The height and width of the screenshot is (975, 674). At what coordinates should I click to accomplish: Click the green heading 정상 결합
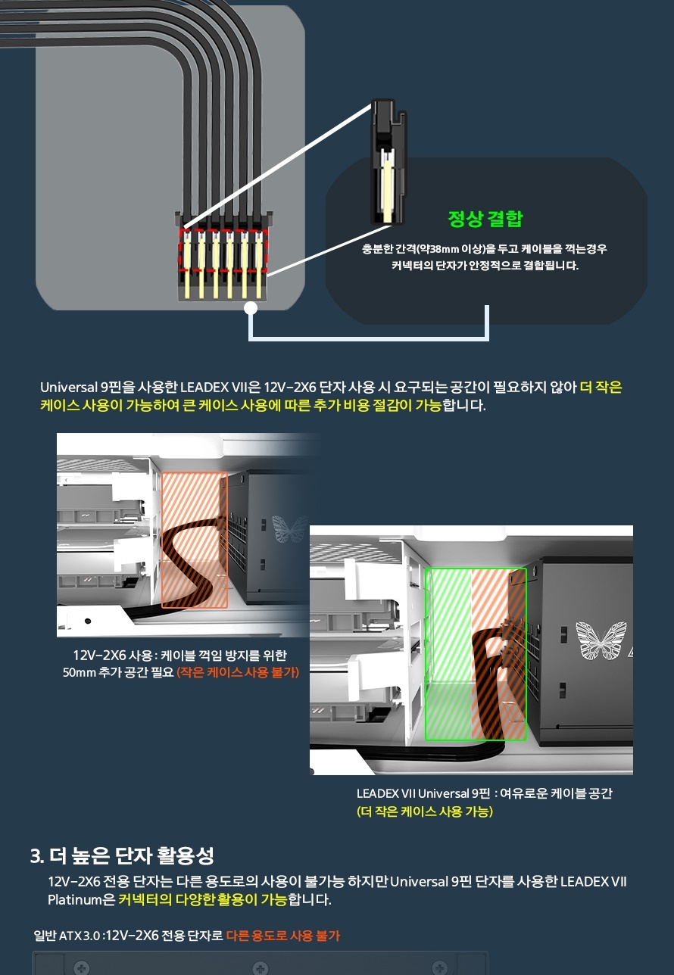pyautogui.click(x=485, y=219)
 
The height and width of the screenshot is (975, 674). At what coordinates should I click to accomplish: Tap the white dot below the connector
pyautogui.click(x=251, y=308)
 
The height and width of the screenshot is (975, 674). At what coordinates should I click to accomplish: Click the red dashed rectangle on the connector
pyautogui.click(x=223, y=249)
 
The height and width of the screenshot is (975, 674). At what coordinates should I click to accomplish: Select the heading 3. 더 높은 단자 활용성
pyautogui.click(x=122, y=855)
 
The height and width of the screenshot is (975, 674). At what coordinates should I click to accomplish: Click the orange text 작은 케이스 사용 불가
pyautogui.click(x=238, y=672)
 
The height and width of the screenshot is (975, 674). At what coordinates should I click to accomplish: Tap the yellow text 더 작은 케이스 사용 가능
pyautogui.click(x=425, y=811)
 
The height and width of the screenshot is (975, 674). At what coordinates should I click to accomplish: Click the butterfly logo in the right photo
pyautogui.click(x=601, y=640)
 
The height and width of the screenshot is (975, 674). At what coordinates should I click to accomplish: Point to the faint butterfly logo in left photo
pyautogui.click(x=289, y=528)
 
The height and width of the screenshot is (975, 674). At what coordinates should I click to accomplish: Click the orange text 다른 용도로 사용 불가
pyautogui.click(x=282, y=936)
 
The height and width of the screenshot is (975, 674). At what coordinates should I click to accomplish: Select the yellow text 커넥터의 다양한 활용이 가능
pyautogui.click(x=203, y=900)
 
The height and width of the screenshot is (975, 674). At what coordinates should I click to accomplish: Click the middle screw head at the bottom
pyautogui.click(x=261, y=968)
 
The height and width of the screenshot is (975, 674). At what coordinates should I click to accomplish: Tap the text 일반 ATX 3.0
pyautogui.click(x=67, y=936)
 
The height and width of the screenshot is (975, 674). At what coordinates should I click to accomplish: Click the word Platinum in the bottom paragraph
pyautogui.click(x=75, y=900)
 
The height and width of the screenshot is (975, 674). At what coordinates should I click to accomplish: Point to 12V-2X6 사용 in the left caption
pyautogui.click(x=112, y=656)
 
